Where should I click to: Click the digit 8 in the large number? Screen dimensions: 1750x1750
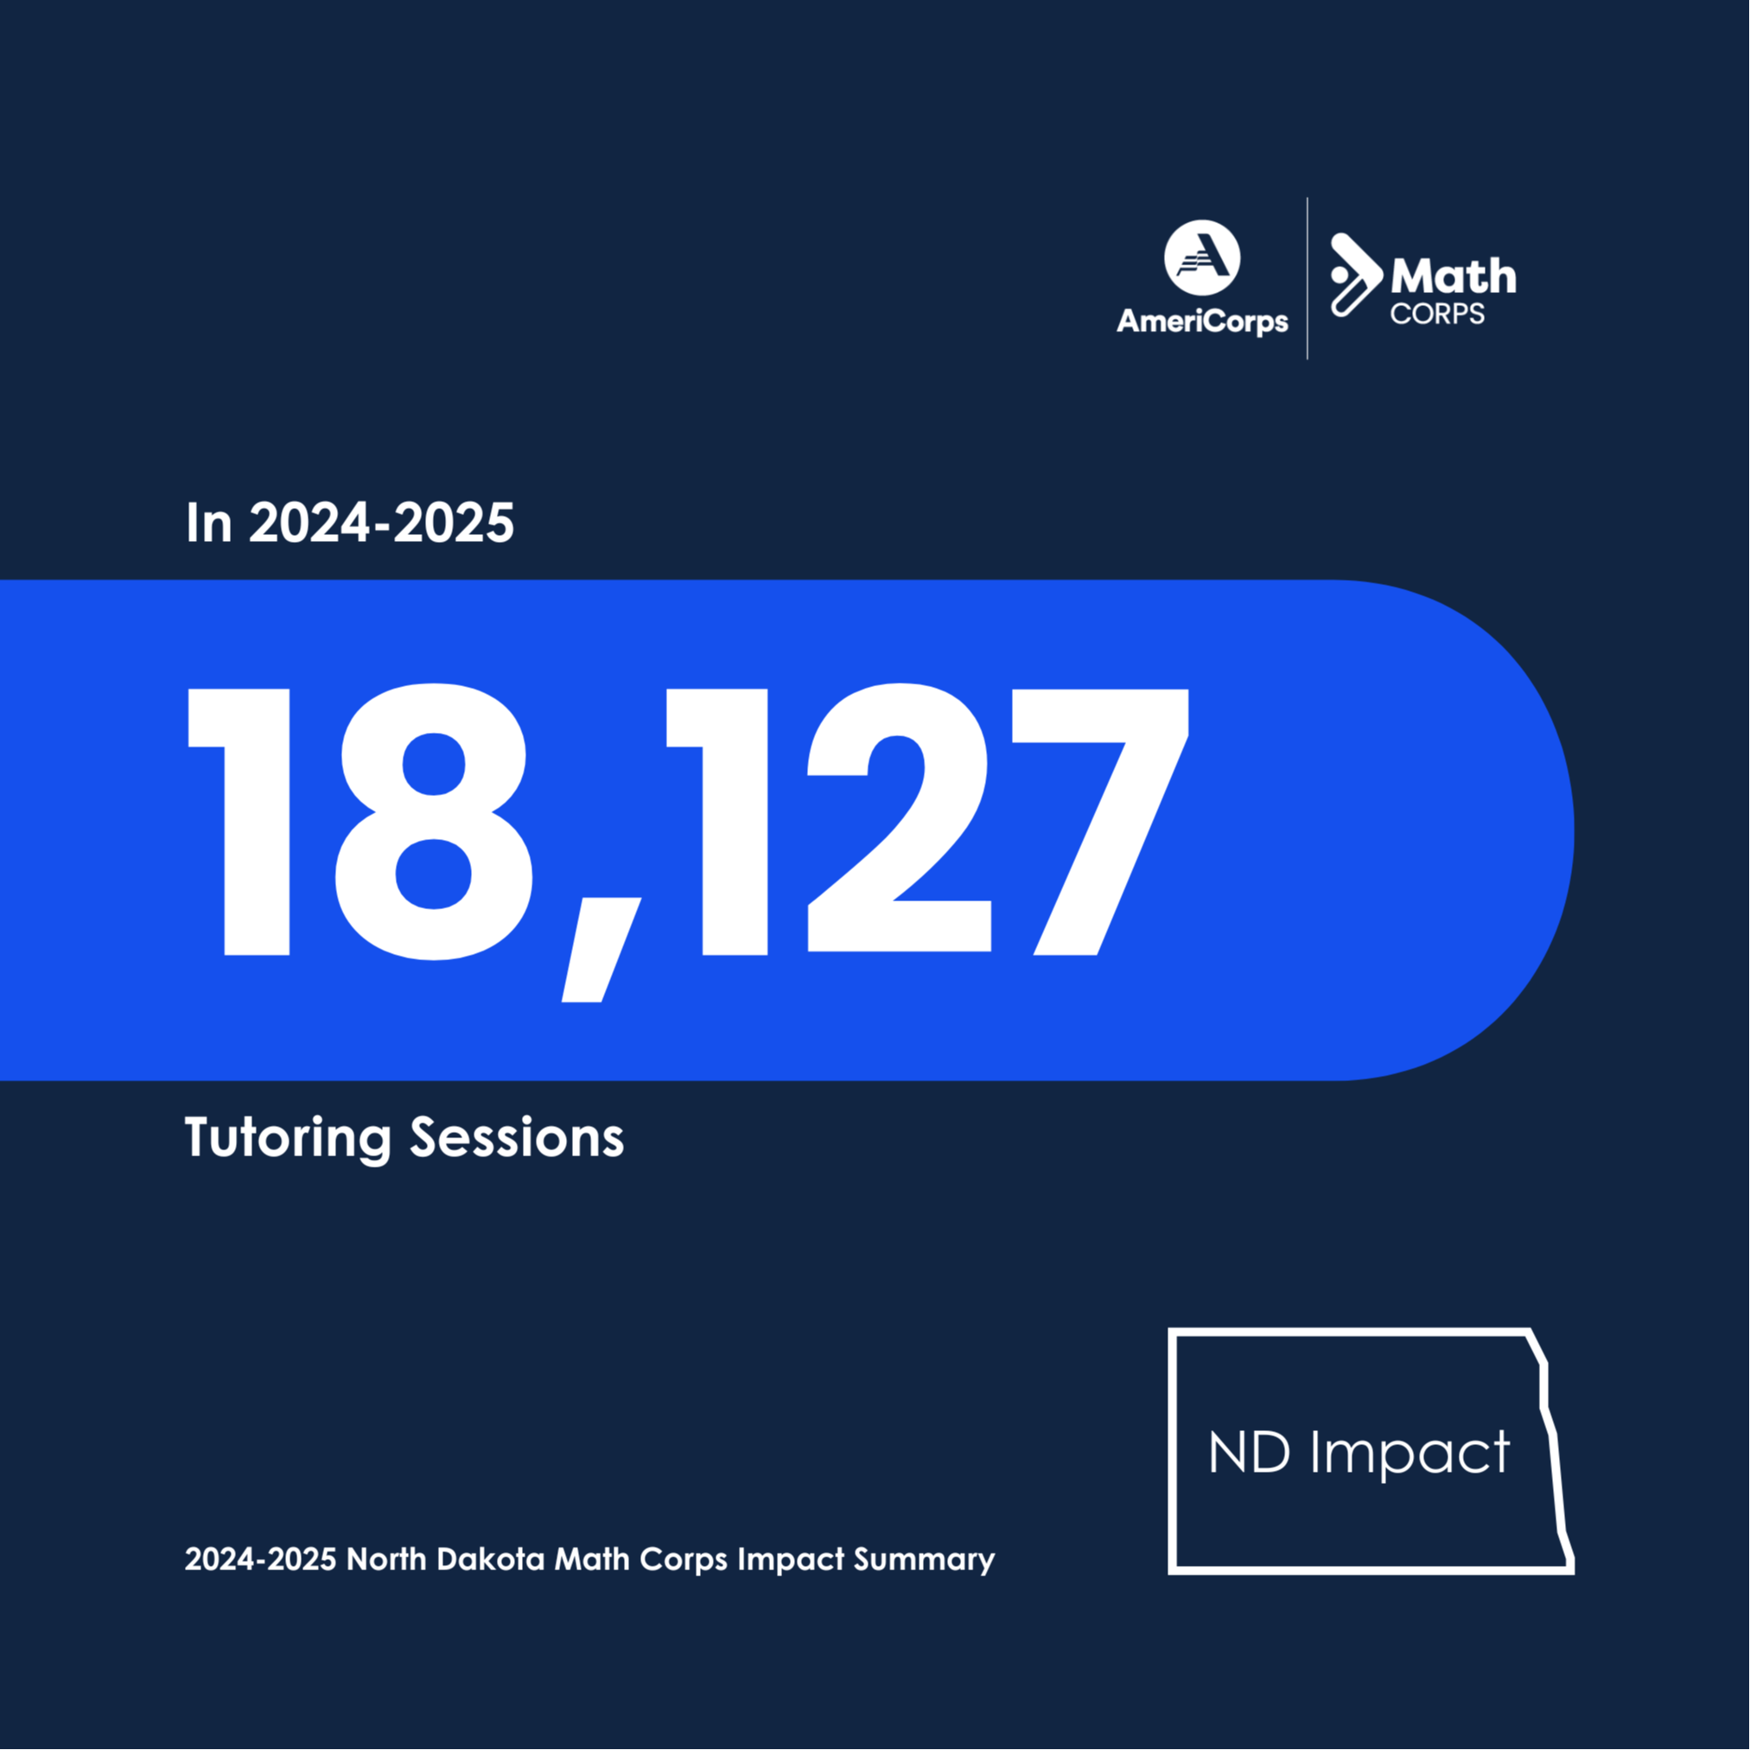pyautogui.click(x=434, y=821)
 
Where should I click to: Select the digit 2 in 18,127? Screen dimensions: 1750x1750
pyautogui.click(x=898, y=821)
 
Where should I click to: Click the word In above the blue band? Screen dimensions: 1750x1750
pyautogui.click(x=208, y=524)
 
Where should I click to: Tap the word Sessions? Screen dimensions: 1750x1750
pyautogui.click(x=516, y=1137)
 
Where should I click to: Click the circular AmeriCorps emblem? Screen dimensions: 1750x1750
pyautogui.click(x=1202, y=258)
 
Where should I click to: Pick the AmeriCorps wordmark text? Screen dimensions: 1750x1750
pyautogui.click(x=1202, y=321)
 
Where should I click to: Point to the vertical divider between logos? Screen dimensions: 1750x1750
pyautogui.click(x=1307, y=278)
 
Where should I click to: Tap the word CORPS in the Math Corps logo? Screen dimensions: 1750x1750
pyautogui.click(x=1437, y=315)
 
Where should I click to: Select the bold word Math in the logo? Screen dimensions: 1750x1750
pyautogui.click(x=1453, y=277)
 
